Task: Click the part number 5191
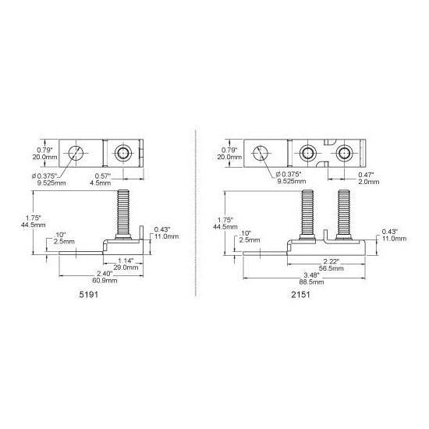click(x=89, y=294)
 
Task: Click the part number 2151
click(x=300, y=294)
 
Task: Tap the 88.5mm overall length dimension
click(x=311, y=282)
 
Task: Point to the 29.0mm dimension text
click(x=126, y=268)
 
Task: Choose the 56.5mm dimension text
click(x=331, y=268)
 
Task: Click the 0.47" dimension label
click(x=366, y=175)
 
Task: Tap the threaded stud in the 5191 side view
click(x=123, y=214)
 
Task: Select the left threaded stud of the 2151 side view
click(x=307, y=214)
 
